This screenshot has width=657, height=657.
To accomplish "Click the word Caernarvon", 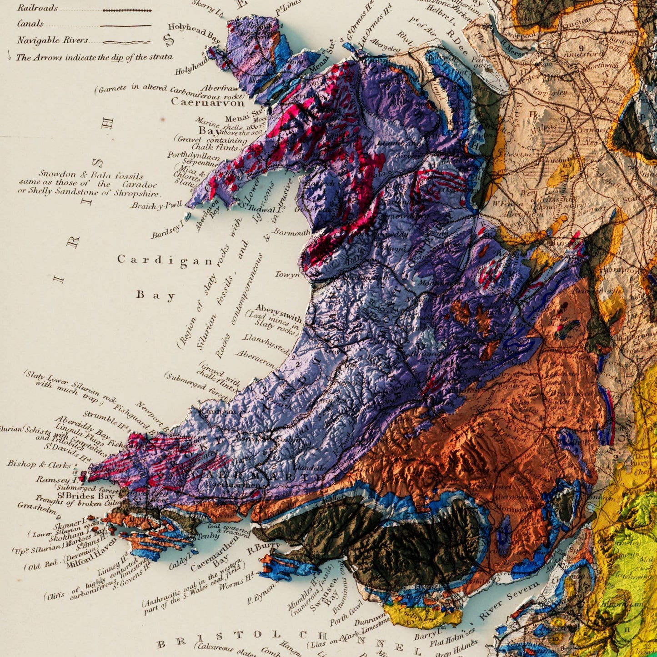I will (x=207, y=102).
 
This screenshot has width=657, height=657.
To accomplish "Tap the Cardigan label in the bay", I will (x=165, y=260).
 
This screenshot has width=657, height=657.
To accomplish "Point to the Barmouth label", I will (x=291, y=233).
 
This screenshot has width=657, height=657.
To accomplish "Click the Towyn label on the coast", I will (x=287, y=275).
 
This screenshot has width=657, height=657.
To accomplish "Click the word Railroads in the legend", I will (x=37, y=8).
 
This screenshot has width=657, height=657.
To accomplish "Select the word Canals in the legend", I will (x=30, y=24).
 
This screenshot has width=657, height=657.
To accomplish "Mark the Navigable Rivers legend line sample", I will (x=126, y=42).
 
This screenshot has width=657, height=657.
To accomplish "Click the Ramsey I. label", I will (x=54, y=480).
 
